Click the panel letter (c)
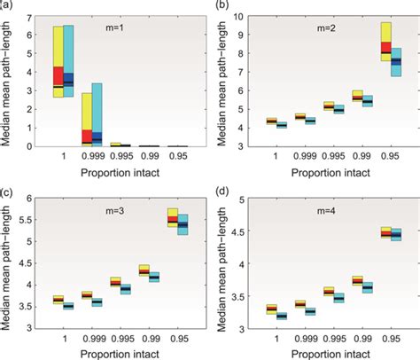7,191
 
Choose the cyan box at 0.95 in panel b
396,62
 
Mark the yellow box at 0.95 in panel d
386,232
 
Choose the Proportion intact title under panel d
328,353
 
